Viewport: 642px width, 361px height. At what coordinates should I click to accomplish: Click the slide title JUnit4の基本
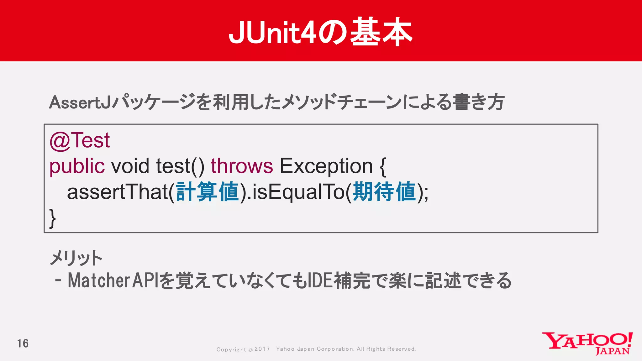pos(320,32)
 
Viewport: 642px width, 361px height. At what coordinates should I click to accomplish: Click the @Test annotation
pos(80,140)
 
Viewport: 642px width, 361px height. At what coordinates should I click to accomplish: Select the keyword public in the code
pos(77,166)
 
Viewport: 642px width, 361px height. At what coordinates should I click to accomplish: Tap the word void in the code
pos(130,166)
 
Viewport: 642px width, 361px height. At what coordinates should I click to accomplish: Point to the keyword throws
pos(242,166)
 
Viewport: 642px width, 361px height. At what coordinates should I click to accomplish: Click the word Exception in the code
pos(326,166)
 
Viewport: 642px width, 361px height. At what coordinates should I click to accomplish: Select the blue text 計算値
pos(208,192)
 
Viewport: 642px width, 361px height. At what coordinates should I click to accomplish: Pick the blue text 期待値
pos(384,192)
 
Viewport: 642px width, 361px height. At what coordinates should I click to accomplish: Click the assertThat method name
pos(117,192)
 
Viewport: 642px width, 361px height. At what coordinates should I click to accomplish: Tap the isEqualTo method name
pos(298,192)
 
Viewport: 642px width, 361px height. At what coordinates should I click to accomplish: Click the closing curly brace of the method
pos(53,218)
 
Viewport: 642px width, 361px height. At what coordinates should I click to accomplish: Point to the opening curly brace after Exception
pos(382,167)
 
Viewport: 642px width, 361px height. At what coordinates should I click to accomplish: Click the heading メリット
pos(76,258)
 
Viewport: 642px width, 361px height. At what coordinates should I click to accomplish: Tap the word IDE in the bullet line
pos(320,280)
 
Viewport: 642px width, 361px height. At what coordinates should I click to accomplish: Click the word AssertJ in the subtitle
pos(80,102)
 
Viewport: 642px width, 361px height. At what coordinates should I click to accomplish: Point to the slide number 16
pos(23,344)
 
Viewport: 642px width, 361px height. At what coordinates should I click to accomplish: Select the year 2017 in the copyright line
pos(262,349)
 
